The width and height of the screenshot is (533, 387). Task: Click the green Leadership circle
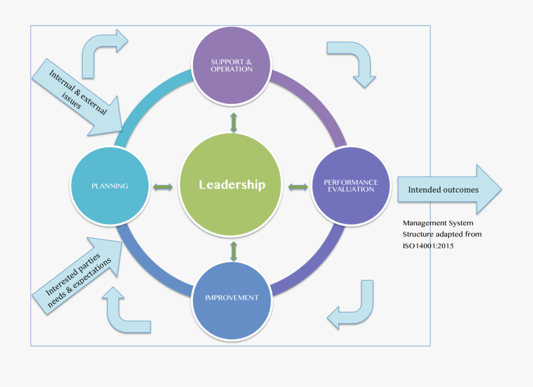(x=232, y=185)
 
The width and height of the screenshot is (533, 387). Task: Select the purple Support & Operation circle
(x=232, y=65)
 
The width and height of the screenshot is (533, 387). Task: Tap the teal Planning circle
(x=110, y=185)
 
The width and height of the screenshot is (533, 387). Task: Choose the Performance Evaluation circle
(x=351, y=185)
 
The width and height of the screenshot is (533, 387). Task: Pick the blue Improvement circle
(x=232, y=298)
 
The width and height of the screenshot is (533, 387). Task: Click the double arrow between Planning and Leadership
(x=163, y=187)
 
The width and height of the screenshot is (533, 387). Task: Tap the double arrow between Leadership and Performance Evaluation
(x=298, y=187)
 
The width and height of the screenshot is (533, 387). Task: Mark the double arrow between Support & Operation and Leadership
(x=233, y=122)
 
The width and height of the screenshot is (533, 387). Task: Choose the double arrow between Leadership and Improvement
(x=233, y=251)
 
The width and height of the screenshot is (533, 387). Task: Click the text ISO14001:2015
(x=428, y=245)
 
